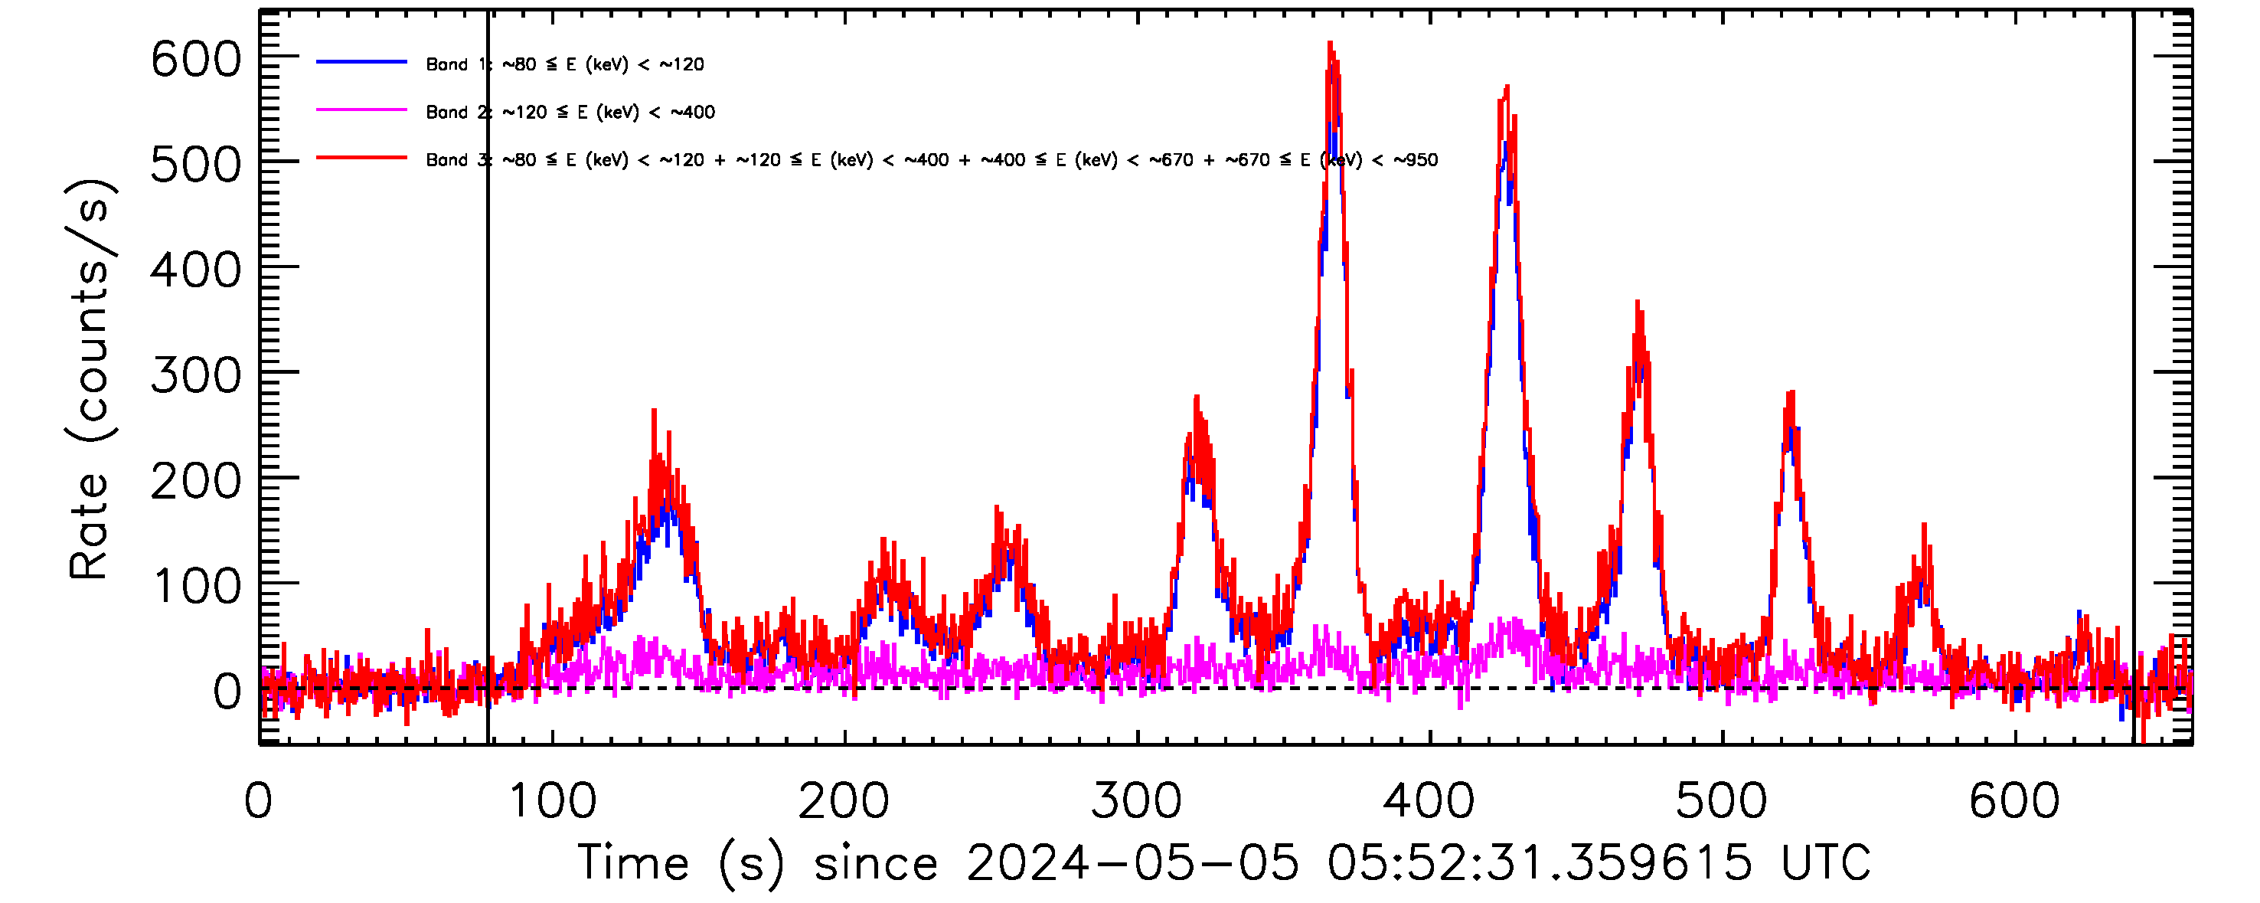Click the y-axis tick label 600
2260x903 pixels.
194,61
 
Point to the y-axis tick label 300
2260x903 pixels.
194,377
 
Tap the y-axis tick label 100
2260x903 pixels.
194,587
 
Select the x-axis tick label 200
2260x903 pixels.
843,802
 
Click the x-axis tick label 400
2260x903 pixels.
1429,802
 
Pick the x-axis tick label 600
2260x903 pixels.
2013,802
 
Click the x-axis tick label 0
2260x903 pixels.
259,802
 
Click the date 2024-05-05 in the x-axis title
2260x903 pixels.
1132,862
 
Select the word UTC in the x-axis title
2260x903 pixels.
1825,862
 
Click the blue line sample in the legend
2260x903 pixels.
361,62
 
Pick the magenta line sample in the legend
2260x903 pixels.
361,110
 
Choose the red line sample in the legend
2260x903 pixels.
361,158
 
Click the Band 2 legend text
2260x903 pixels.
570,113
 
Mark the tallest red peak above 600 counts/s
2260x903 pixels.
1330,43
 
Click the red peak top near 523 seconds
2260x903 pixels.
1791,393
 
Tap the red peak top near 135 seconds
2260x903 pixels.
654,411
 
